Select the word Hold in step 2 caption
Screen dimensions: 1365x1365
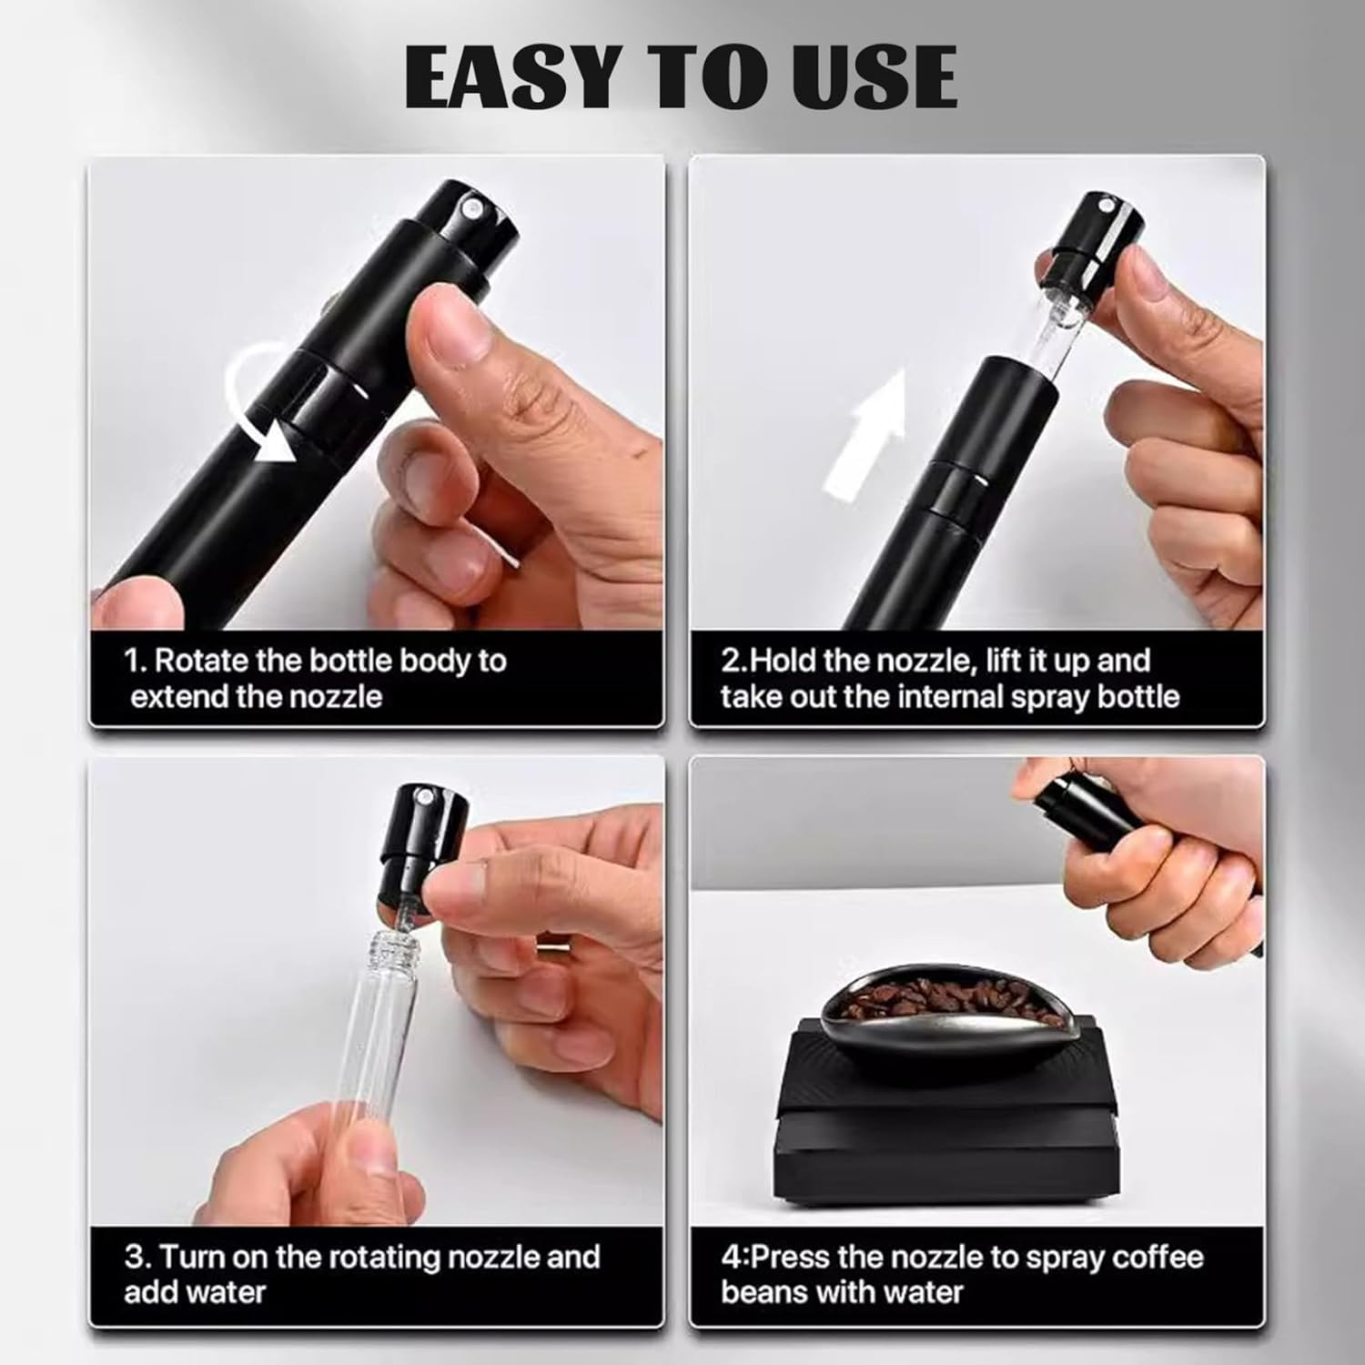(x=783, y=660)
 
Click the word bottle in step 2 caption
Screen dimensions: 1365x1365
(x=1138, y=696)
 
